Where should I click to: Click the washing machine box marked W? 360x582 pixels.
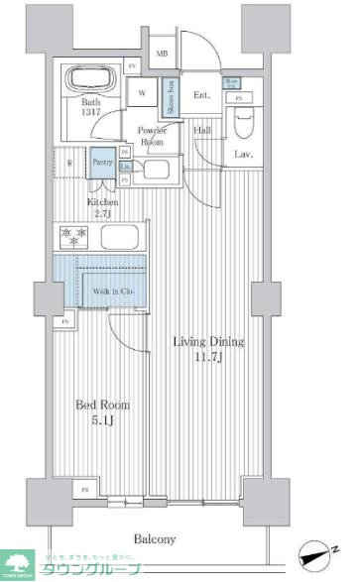click(143, 94)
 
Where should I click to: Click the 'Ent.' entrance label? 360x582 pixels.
click(202, 95)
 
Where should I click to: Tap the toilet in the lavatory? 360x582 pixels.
click(243, 122)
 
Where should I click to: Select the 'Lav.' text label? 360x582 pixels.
click(241, 155)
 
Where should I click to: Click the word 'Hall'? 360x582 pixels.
click(201, 130)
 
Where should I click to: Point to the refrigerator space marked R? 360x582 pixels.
click(69, 163)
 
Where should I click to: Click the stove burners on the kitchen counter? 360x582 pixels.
click(74, 238)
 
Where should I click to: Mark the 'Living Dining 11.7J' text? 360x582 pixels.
click(208, 349)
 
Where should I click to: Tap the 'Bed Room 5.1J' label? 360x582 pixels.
click(102, 412)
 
